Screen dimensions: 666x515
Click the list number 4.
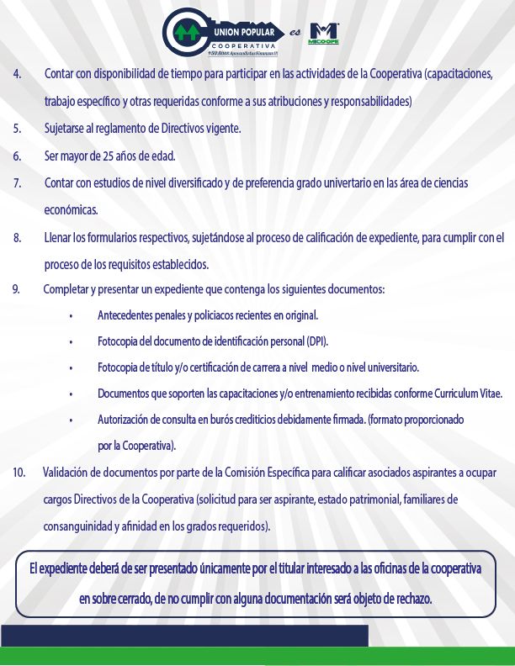point(18,73)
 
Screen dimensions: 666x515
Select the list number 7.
point(18,182)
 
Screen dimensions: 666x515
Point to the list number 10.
point(19,473)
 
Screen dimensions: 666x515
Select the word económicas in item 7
point(71,209)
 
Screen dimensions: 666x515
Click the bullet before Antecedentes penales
point(72,317)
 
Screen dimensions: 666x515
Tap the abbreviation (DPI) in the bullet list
point(316,342)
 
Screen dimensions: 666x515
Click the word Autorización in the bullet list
point(126,419)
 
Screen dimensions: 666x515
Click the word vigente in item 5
point(223,129)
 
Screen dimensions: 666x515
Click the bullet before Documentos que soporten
point(72,394)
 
